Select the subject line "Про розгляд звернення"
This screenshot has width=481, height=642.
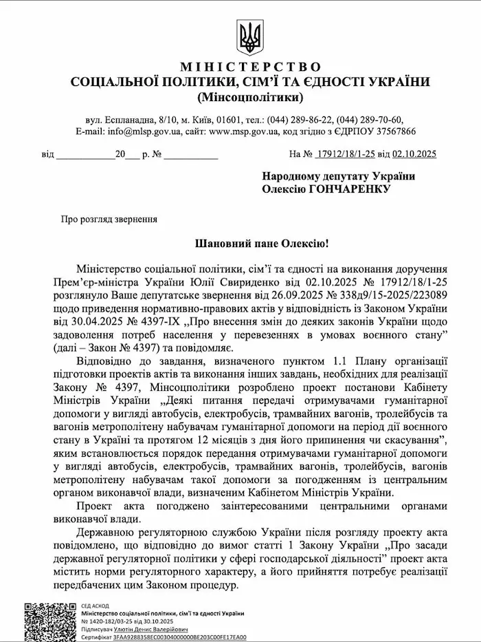[x=109, y=220]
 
